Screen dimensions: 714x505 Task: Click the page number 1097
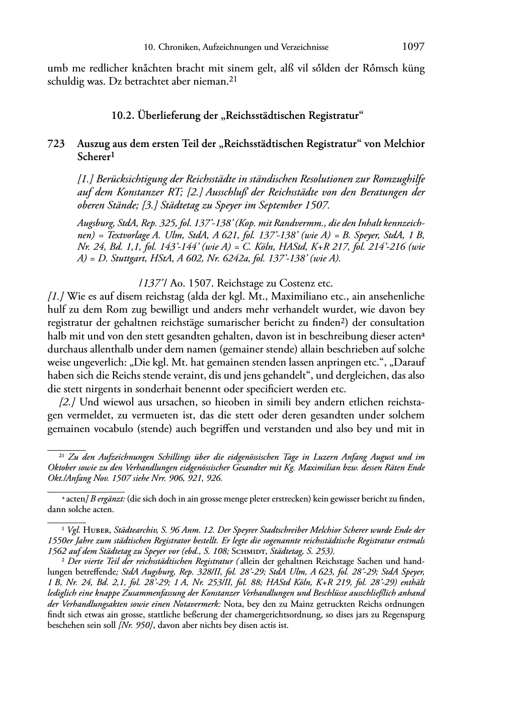[413, 47]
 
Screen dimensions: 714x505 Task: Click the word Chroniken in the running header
[179, 47]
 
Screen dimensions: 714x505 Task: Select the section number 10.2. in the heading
[123, 116]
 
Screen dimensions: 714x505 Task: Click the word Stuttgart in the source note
[109, 259]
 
